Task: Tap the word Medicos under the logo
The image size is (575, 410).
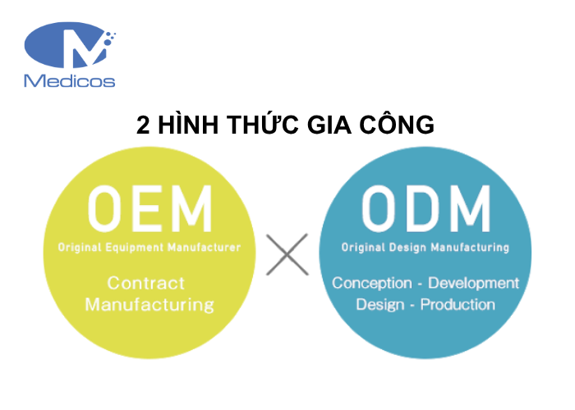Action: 70,80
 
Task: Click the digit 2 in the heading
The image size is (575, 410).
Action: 144,125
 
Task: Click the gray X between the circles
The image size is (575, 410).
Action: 287,255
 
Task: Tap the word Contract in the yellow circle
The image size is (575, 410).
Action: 147,284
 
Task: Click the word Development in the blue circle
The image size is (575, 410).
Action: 474,284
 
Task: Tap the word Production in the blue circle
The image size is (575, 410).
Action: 458,305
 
